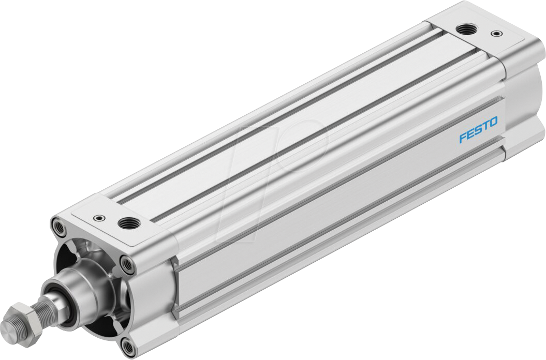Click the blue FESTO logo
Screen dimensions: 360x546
(x=479, y=130)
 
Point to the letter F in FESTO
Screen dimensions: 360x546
(x=463, y=138)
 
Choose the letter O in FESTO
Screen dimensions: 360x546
(x=493, y=122)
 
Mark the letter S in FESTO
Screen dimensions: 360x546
(x=478, y=130)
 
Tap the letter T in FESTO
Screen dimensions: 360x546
(x=485, y=126)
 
